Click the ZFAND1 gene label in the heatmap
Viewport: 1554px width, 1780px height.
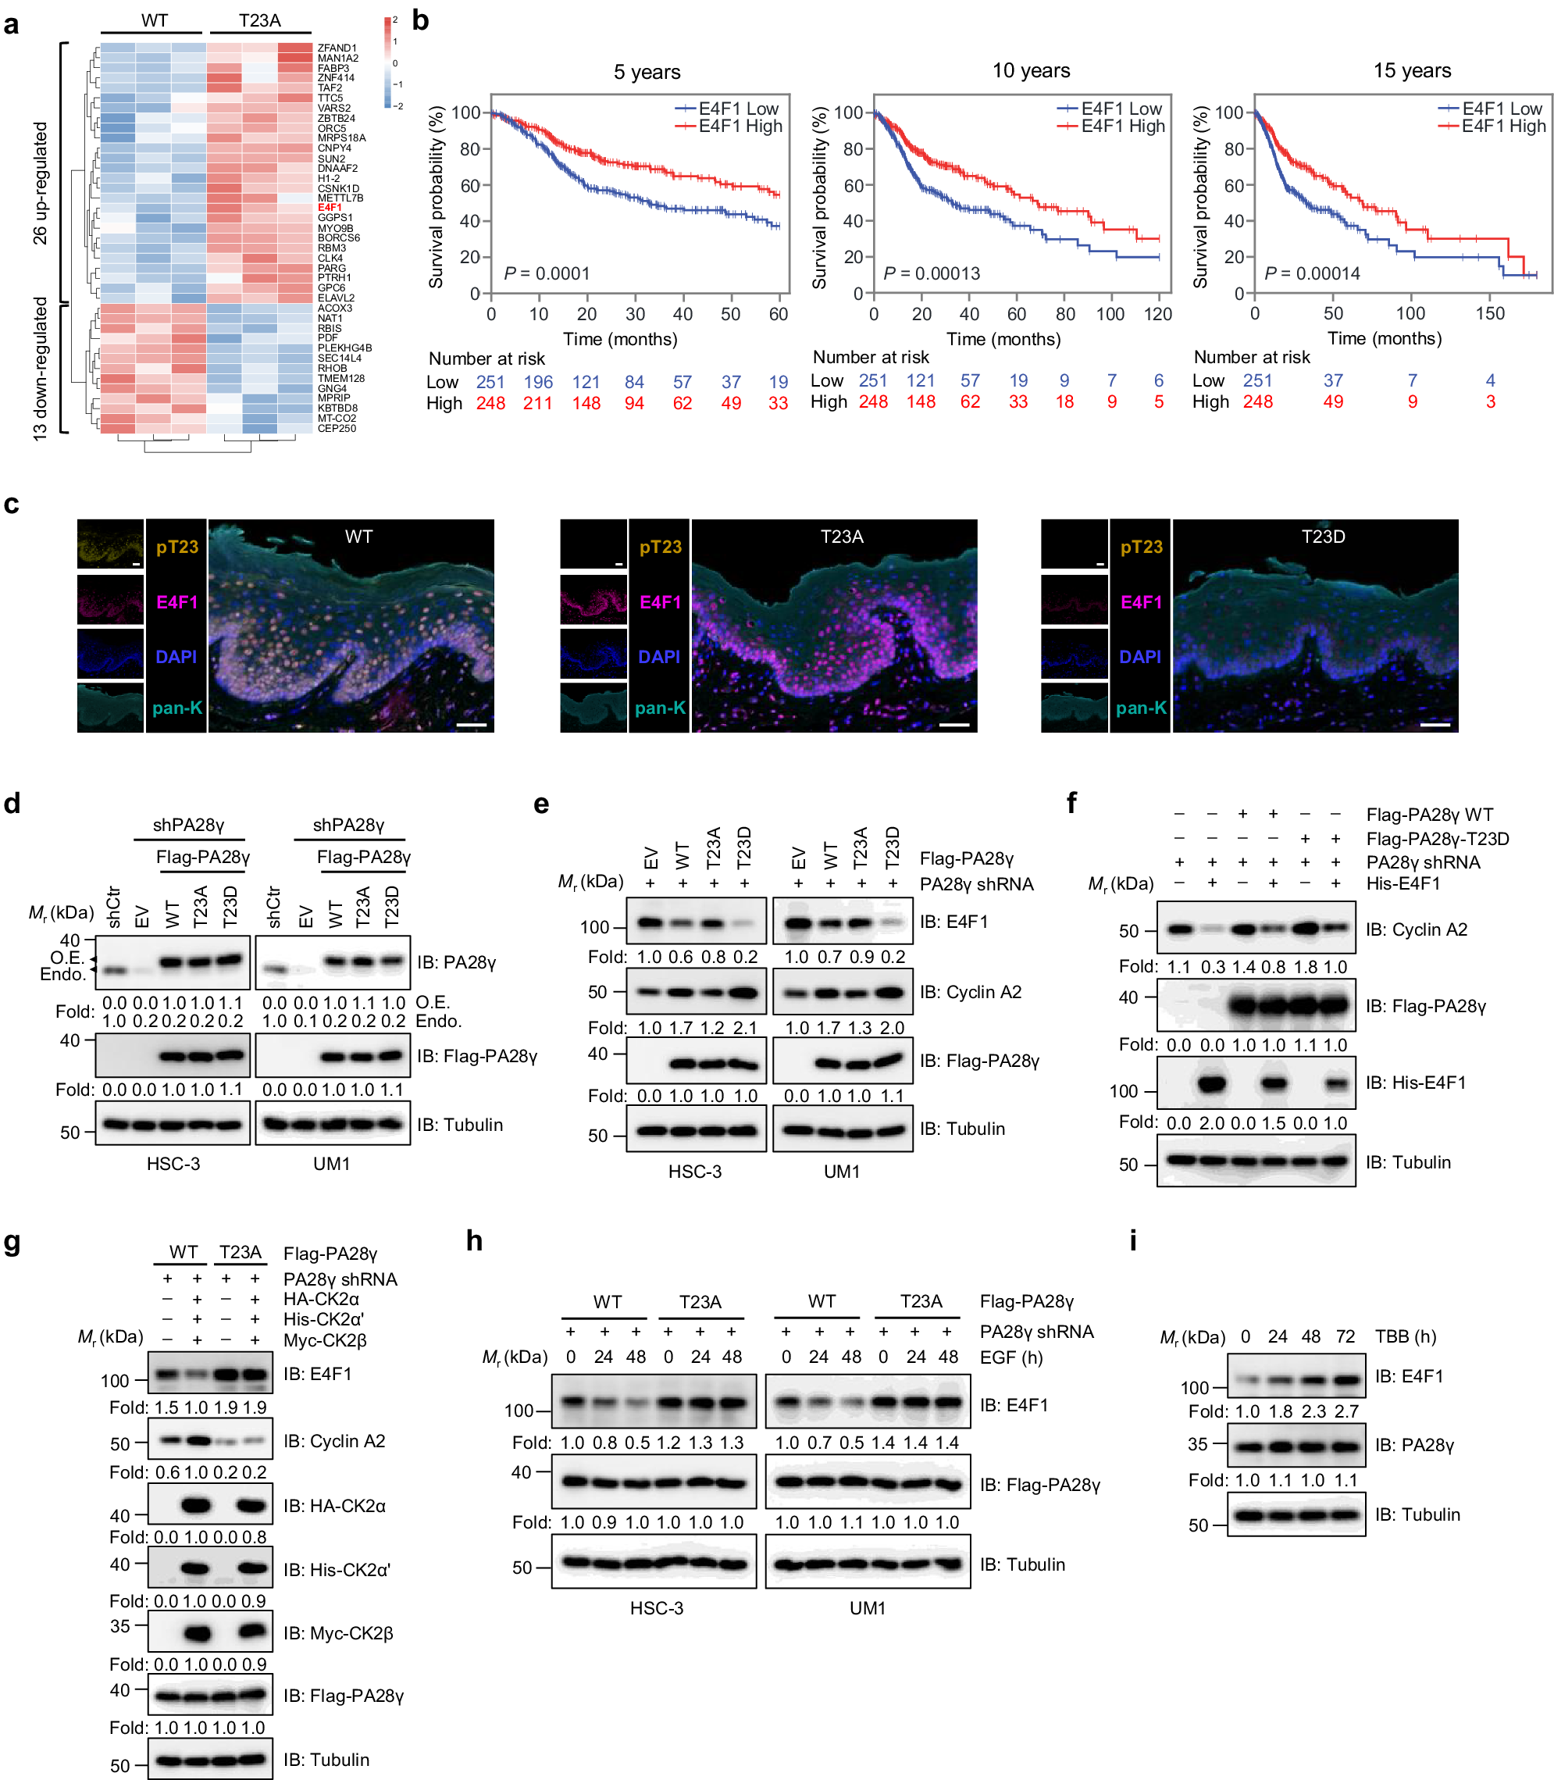(x=337, y=48)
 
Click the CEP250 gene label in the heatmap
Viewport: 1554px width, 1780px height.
(x=337, y=429)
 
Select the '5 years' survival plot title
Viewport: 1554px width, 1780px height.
(x=647, y=72)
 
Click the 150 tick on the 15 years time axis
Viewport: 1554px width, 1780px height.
(x=1490, y=314)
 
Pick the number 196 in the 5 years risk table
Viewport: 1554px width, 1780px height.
(x=538, y=382)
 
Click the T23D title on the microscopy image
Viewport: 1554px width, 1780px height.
(x=1324, y=537)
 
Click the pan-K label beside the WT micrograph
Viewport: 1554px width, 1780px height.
(x=177, y=708)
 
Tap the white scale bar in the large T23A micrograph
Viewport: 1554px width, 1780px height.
(x=954, y=724)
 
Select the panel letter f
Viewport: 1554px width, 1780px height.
(x=1072, y=803)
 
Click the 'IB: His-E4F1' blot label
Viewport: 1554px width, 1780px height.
(x=1415, y=1083)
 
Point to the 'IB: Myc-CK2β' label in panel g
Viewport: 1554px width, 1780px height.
(x=338, y=1632)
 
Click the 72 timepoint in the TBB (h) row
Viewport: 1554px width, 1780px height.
(x=1345, y=1336)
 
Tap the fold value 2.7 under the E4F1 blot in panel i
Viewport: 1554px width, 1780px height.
(x=1345, y=1411)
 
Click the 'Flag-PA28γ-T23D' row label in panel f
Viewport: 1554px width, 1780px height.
(x=1437, y=839)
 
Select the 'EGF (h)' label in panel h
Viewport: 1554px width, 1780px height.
(x=1011, y=1357)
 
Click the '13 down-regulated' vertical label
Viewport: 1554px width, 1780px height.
(x=40, y=369)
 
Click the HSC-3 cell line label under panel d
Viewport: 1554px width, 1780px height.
(x=173, y=1164)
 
